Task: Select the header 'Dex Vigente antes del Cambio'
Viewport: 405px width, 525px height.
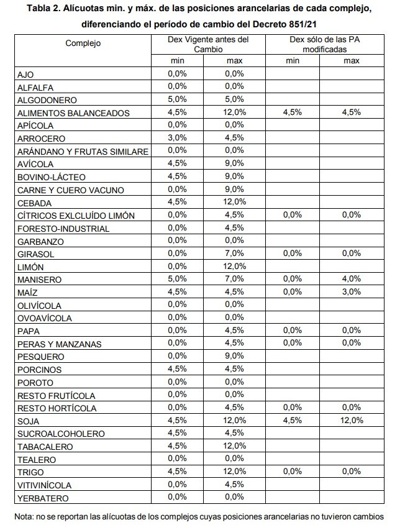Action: [208, 43]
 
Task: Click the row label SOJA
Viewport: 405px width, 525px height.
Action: [30, 421]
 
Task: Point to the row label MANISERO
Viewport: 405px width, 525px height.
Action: [40, 280]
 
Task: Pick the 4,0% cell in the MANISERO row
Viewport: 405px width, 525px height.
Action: [352, 280]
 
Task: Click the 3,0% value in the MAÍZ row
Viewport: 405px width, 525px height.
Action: [352, 292]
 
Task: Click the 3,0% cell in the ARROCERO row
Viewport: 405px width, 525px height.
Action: [178, 138]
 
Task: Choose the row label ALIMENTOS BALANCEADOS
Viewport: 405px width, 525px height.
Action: [73, 113]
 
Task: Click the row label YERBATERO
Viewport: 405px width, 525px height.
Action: [43, 498]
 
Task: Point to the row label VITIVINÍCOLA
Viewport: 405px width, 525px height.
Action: [46, 485]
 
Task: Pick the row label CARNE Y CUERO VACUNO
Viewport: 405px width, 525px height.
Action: [71, 189]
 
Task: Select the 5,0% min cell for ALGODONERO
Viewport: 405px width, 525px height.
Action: [178, 99]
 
